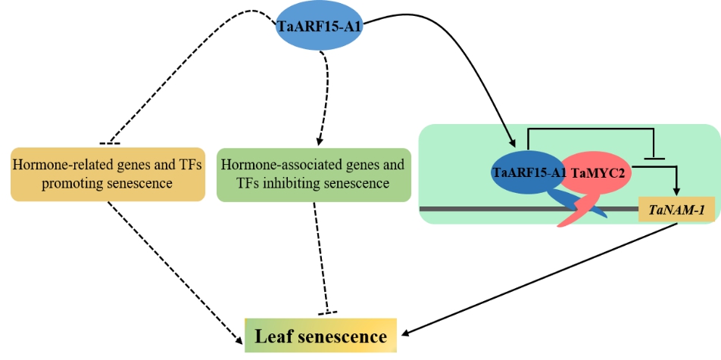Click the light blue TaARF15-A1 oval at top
click(320, 28)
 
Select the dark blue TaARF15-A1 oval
click(529, 172)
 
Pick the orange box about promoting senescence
click(108, 174)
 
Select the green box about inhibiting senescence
click(311, 174)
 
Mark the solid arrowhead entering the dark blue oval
click(513, 144)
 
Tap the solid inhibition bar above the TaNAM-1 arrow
click(653, 159)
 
